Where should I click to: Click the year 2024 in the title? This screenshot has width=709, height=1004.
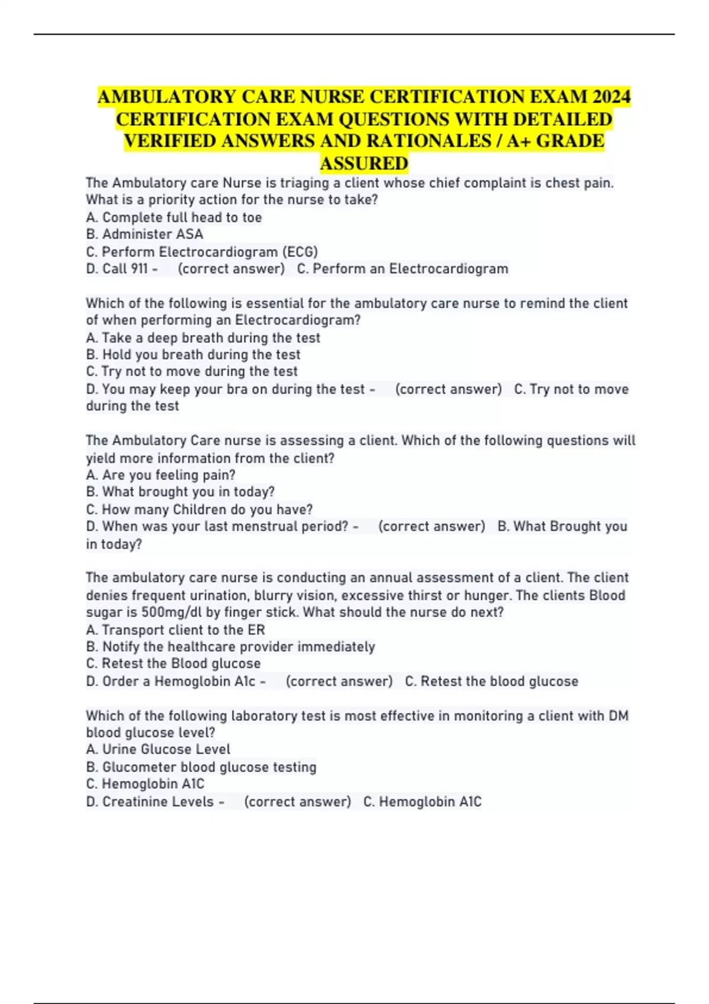612,97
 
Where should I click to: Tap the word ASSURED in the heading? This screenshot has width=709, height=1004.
364,163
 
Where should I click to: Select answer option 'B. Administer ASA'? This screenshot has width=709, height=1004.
145,234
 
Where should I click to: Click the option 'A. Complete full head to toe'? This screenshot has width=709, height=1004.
174,217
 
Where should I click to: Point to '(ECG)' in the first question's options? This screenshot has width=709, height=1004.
300,252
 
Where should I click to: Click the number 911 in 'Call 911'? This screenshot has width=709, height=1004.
139,269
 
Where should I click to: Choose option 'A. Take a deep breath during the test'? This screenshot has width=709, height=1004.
203,338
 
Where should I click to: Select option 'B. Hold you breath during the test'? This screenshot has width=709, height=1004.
193,354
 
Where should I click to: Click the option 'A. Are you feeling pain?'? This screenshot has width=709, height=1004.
161,475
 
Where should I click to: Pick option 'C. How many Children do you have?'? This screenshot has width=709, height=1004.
199,509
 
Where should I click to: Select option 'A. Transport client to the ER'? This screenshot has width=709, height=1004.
175,630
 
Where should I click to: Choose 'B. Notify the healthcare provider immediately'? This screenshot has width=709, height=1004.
230,647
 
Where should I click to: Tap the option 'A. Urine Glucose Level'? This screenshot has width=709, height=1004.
158,749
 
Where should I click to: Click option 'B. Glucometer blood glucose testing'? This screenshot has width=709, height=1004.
201,767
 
